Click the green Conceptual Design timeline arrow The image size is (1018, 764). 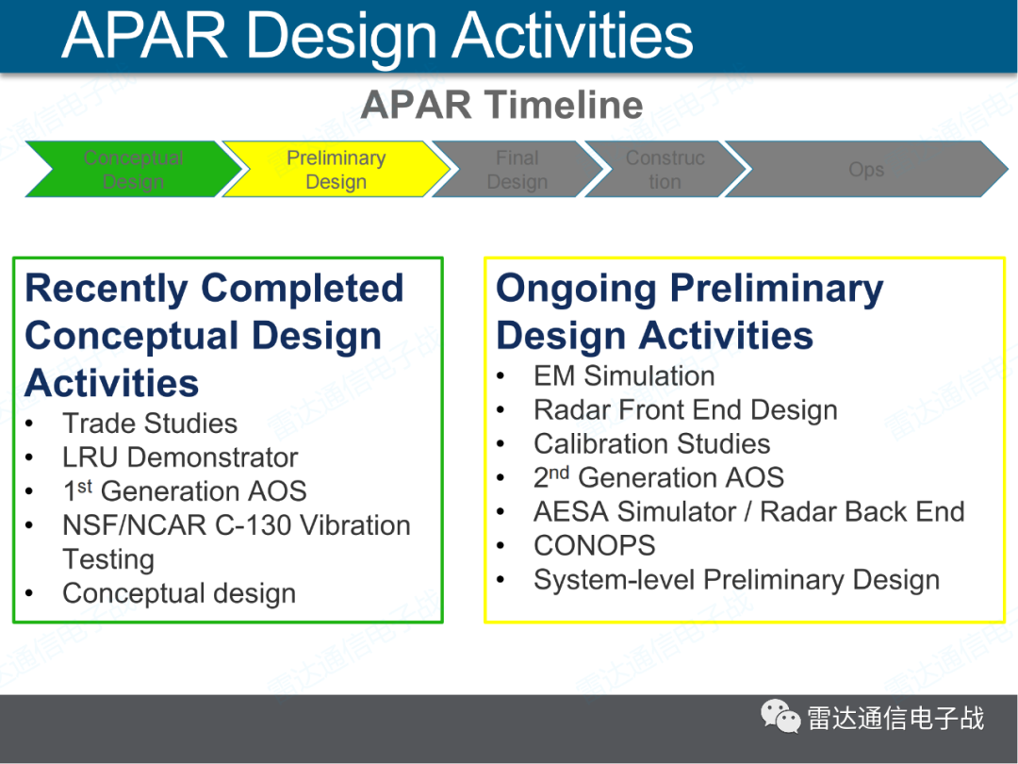point(132,170)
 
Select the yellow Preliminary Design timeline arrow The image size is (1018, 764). point(336,170)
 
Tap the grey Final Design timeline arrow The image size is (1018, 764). point(517,170)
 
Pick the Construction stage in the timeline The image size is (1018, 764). point(665,170)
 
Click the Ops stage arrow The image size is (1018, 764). point(865,170)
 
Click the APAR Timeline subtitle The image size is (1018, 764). point(501,105)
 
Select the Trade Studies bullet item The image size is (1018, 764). point(149,424)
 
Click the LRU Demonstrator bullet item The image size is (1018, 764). point(179,457)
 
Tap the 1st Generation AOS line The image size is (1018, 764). point(184,491)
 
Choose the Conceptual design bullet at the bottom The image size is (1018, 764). point(178,593)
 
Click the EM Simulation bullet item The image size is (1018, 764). point(623,375)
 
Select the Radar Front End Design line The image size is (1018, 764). point(684,409)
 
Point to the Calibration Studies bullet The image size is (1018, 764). point(651,443)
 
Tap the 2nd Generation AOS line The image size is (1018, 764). point(658,477)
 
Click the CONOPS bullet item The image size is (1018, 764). point(594,545)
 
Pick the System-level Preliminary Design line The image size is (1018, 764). point(736,579)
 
